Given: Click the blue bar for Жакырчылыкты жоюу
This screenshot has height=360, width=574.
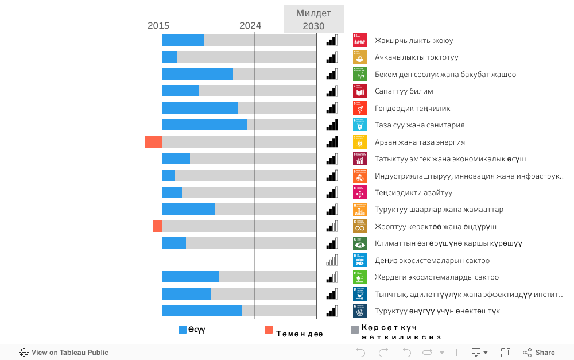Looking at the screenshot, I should click(x=183, y=40).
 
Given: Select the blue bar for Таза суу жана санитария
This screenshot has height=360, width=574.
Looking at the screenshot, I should click(x=204, y=125).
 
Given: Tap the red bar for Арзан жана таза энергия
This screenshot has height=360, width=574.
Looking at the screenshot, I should click(x=153, y=142).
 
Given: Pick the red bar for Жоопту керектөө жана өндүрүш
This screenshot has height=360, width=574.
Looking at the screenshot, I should click(x=157, y=226).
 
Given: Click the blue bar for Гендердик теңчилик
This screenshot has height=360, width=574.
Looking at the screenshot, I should click(x=200, y=108).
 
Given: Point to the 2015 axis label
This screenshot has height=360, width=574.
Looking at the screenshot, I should click(x=158, y=26).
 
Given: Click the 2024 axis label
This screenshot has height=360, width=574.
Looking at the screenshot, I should click(x=250, y=26).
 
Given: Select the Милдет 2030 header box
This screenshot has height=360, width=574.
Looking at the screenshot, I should click(x=313, y=19).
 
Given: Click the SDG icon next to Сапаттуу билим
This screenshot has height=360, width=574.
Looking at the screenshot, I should click(x=360, y=91).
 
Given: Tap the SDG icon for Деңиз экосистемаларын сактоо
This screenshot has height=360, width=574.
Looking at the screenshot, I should click(x=360, y=260).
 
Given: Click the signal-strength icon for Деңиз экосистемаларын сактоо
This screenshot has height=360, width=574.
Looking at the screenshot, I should click(x=332, y=260).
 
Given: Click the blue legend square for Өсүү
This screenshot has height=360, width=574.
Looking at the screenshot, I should click(x=183, y=330).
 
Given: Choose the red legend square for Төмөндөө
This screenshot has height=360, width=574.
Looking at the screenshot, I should click(x=269, y=330).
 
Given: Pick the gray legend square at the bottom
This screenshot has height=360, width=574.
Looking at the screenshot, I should click(x=355, y=330).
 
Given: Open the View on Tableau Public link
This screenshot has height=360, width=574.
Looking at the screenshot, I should click(x=64, y=353).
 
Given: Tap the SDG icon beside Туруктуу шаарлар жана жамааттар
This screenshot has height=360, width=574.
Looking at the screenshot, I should click(x=360, y=210).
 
